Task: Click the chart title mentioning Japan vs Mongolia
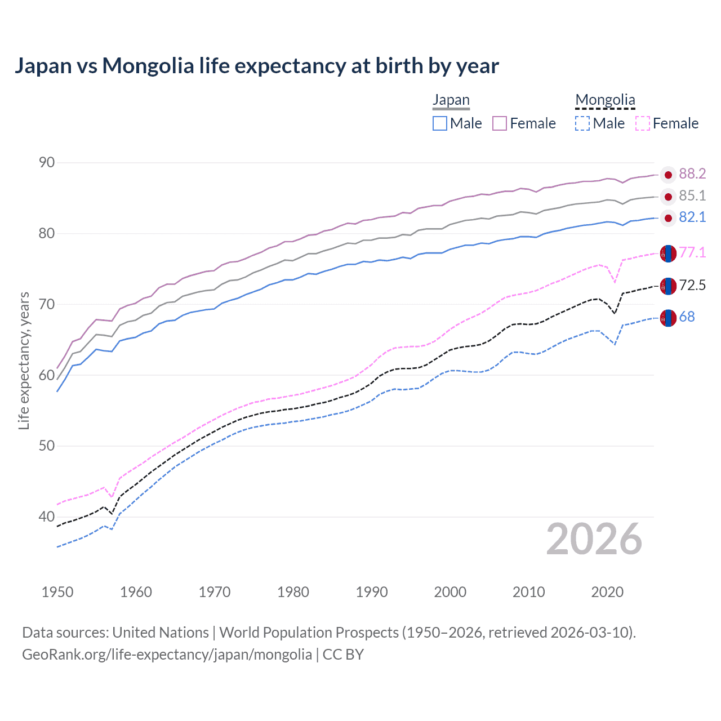point(256,66)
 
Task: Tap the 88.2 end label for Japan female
point(692,174)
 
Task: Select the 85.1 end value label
point(692,196)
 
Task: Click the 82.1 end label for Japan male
point(692,217)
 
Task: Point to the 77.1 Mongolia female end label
point(692,253)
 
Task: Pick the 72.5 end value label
point(692,286)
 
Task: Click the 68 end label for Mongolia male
point(687,317)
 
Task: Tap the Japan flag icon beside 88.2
point(668,175)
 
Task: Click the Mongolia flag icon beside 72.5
point(668,286)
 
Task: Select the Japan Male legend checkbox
point(440,123)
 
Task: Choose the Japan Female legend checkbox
point(500,123)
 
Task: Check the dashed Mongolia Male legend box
point(582,123)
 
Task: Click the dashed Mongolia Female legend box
point(643,123)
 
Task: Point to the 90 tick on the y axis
point(47,163)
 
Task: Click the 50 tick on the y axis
point(47,446)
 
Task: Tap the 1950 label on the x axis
point(57,592)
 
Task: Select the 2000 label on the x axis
point(450,592)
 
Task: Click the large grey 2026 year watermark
point(594,539)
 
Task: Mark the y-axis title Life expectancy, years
point(24,360)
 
